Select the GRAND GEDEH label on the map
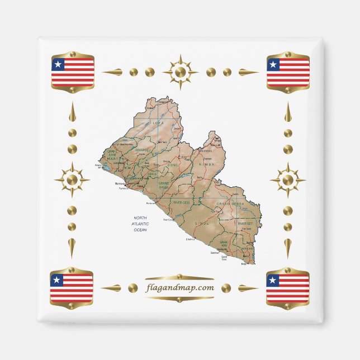231,204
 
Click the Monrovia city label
120,183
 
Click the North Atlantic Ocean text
139,224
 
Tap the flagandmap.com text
179,288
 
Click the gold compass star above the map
180,72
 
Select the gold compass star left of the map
72,180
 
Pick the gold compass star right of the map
287,180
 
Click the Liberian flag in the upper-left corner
73,72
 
